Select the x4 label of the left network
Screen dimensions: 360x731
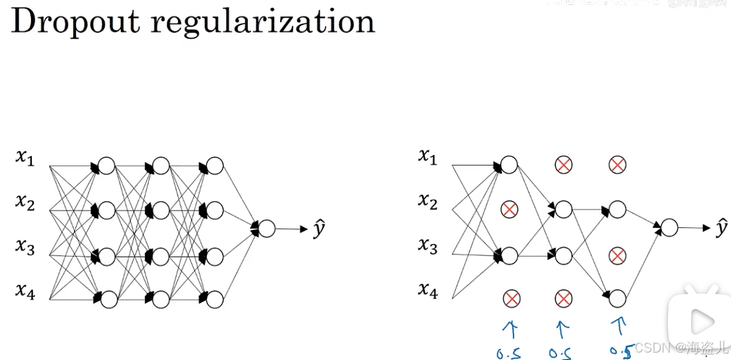click(25, 291)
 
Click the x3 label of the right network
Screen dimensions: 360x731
click(428, 247)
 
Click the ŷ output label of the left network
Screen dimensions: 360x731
click(319, 229)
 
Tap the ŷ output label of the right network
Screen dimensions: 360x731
click(722, 228)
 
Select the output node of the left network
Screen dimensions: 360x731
click(266, 229)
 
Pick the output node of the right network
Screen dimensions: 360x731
click(669, 228)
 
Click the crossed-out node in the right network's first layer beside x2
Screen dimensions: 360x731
click(509, 210)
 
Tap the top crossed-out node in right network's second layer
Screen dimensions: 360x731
click(564, 165)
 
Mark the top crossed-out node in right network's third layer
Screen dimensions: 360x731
click(617, 165)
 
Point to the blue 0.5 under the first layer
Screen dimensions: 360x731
click(509, 354)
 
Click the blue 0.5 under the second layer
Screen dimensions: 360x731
click(562, 353)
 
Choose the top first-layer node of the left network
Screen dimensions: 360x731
click(107, 166)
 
